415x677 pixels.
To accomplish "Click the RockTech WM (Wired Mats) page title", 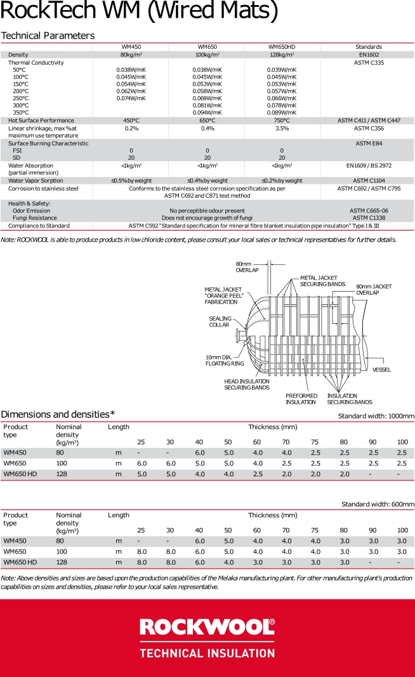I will [x=139, y=11].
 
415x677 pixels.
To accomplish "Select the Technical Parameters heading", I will [x=48, y=35].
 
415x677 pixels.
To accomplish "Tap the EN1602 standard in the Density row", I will [x=368, y=55].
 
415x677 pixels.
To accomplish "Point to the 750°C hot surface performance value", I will [x=282, y=120].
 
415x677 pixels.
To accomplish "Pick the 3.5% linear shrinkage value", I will [x=282, y=128].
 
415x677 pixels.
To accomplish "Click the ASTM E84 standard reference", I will [x=368, y=143].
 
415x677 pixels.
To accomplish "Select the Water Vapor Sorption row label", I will [x=36, y=181].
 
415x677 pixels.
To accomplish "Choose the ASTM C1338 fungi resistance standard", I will [x=368, y=218].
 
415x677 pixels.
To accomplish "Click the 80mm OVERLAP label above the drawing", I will [x=247, y=267].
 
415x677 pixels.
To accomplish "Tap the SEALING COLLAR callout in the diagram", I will [x=220, y=322].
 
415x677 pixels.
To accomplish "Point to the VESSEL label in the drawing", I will [x=381, y=370].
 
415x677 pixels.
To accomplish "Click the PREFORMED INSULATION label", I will [x=301, y=399].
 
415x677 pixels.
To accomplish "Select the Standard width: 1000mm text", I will [x=376, y=416].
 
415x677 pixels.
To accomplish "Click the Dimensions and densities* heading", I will [x=58, y=414].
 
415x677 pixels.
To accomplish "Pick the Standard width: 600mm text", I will [x=378, y=505].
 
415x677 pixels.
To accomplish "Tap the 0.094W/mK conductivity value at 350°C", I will [x=208, y=113].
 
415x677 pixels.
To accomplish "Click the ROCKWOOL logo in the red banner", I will [x=207, y=628].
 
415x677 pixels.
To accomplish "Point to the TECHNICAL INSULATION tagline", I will [x=207, y=653].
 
